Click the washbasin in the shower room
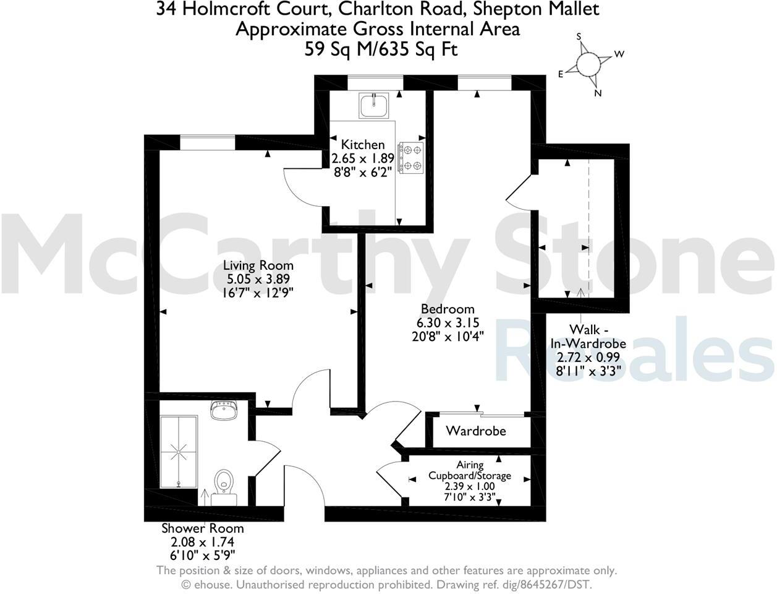coord(223,411)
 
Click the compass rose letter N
coord(598,93)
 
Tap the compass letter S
coord(579,37)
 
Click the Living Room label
coord(258,265)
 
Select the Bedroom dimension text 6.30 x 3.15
coord(448,322)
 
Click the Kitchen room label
coord(363,145)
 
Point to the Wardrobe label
coord(476,431)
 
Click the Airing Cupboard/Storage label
coord(470,470)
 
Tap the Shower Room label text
coord(203,528)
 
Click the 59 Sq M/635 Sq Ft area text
coord(381,49)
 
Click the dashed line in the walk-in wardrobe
coord(589,223)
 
